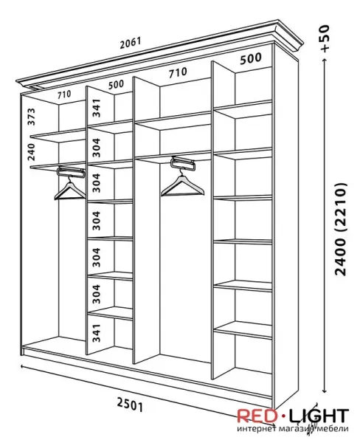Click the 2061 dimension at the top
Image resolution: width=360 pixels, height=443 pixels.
tap(130, 43)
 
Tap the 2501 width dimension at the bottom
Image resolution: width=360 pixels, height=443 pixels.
tap(130, 405)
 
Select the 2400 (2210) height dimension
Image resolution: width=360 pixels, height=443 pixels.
tap(340, 229)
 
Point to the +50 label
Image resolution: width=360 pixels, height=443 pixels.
tap(325, 38)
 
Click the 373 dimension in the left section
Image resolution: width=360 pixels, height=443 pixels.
tap(31, 117)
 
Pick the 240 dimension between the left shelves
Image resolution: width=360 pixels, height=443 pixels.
tap(31, 152)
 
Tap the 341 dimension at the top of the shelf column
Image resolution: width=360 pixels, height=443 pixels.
tap(97, 108)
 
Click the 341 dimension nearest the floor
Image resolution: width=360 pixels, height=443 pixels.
tap(97, 333)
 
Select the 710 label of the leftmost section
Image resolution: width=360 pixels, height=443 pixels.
tap(64, 95)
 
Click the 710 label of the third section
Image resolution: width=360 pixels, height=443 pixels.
tap(178, 72)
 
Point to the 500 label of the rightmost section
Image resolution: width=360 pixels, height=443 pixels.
tap(251, 58)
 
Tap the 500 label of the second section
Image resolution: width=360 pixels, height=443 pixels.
tap(116, 84)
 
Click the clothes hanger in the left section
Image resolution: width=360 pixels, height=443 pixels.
tap(70, 188)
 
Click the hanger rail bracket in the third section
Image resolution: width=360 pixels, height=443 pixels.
tap(183, 163)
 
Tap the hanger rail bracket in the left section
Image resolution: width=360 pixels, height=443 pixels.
tap(71, 172)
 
